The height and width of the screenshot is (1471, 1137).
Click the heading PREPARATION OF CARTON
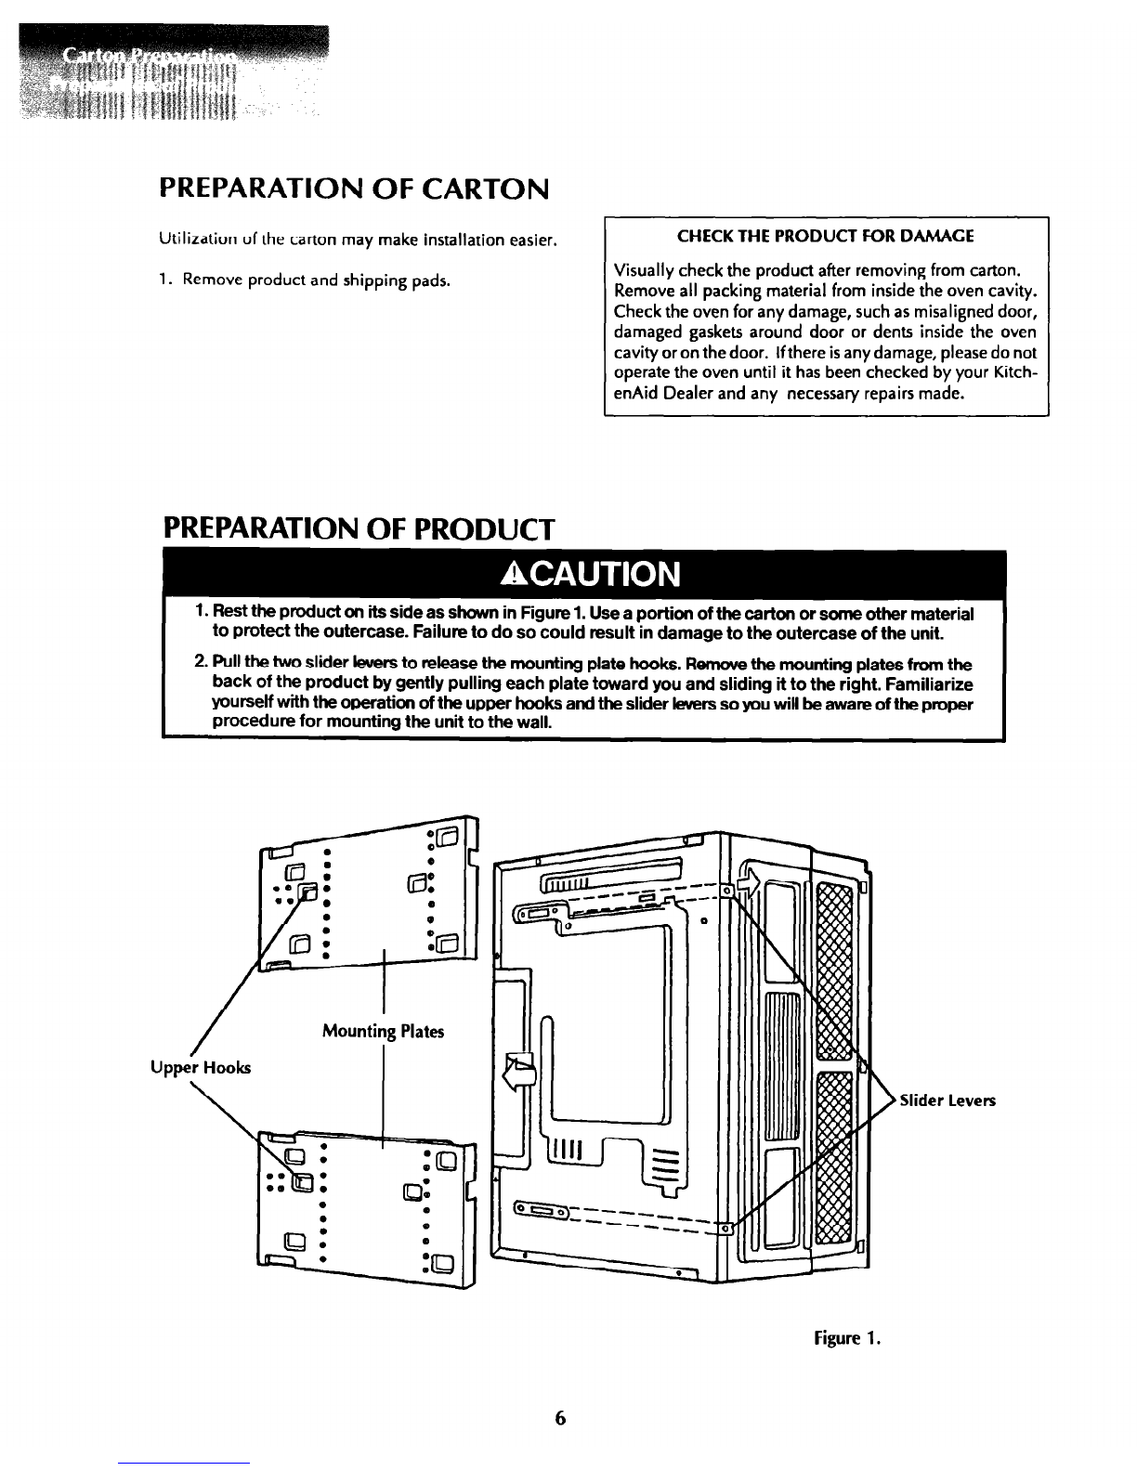pos(354,189)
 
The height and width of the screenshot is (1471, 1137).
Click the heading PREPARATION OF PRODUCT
pos(359,529)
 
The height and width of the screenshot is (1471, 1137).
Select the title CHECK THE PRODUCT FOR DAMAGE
pos(826,236)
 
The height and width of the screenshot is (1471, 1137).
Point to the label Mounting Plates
pos(383,1032)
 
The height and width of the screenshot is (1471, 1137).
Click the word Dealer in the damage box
pos(683,394)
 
